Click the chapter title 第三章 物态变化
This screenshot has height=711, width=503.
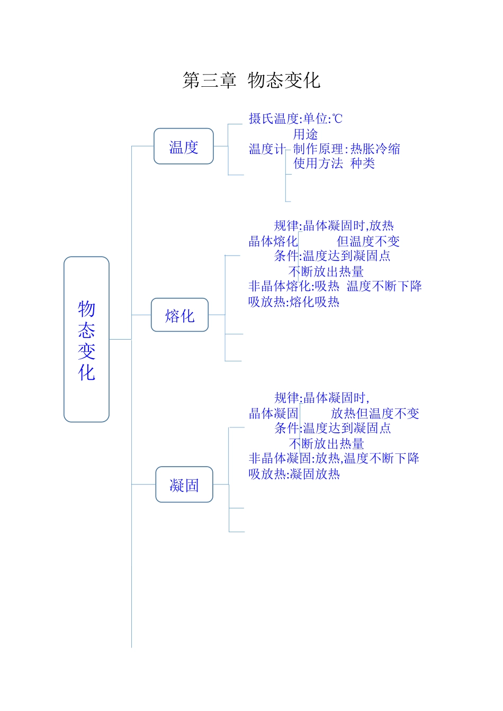click(x=251, y=80)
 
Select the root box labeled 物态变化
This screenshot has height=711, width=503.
click(x=86, y=339)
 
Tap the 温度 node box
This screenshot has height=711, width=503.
click(x=183, y=147)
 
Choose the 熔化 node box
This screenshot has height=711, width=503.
click(x=179, y=315)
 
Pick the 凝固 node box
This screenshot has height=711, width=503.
click(x=184, y=485)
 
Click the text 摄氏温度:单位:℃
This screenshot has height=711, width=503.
click(x=295, y=118)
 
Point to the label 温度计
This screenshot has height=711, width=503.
click(x=266, y=149)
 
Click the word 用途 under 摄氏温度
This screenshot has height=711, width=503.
click(x=306, y=134)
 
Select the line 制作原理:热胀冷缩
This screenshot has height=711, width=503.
click(x=347, y=149)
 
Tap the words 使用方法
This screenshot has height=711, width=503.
click(x=318, y=163)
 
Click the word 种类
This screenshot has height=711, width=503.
click(x=363, y=163)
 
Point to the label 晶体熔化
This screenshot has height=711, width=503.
click(x=273, y=242)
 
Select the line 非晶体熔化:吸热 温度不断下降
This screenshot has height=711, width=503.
click(x=335, y=286)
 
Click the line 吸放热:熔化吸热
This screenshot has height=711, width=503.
click(x=294, y=302)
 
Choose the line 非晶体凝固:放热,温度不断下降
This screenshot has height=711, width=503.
click(x=334, y=458)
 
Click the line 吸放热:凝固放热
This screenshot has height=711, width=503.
click(x=294, y=474)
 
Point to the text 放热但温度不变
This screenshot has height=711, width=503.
click(x=375, y=414)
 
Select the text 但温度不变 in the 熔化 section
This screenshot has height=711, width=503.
click(x=368, y=242)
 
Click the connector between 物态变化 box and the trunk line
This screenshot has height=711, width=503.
click(x=120, y=339)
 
